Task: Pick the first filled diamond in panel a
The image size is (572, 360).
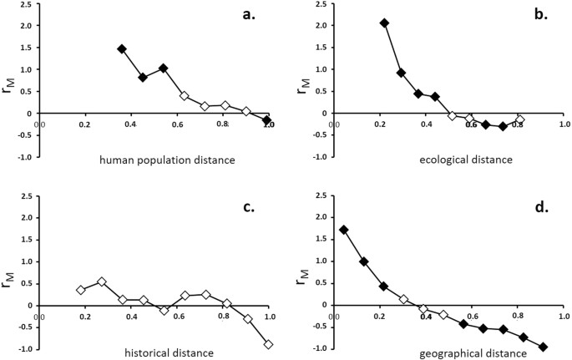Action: click(122, 49)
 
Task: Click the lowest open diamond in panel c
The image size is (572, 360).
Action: click(269, 344)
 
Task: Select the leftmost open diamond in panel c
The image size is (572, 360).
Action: click(81, 290)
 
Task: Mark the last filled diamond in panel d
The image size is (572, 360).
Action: click(544, 347)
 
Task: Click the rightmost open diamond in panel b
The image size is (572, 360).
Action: click(520, 120)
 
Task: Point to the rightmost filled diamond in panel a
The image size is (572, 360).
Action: click(267, 120)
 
